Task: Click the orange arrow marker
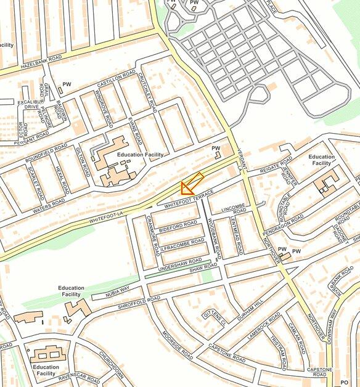[x=192, y=184]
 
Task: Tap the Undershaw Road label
[x=176, y=264]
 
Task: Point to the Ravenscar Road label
[x=80, y=377]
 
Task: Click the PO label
[x=353, y=382]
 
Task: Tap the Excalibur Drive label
[x=27, y=104]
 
